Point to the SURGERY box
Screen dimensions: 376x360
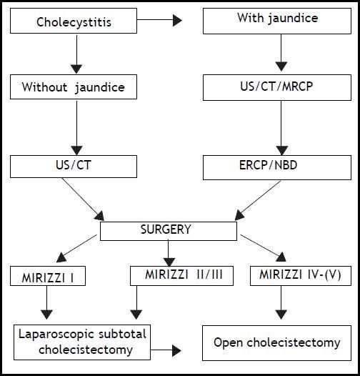click(169, 231)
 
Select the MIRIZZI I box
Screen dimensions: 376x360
click(49, 275)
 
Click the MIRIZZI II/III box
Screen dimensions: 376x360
click(181, 275)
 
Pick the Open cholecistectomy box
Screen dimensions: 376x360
click(276, 342)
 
